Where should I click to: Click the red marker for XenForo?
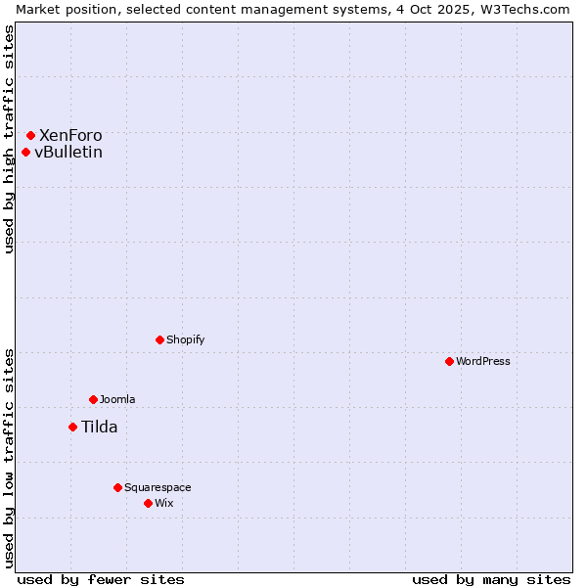pyautogui.click(x=30, y=135)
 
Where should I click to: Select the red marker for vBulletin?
pyautogui.click(x=25, y=152)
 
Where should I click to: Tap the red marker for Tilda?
pyautogui.click(x=72, y=427)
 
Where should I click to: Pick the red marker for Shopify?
pyautogui.click(x=159, y=339)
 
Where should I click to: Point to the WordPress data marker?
pyautogui.click(x=449, y=361)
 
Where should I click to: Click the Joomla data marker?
pyautogui.click(x=93, y=399)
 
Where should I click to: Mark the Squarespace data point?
pyautogui.click(x=117, y=487)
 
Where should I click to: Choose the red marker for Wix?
pyautogui.click(x=148, y=503)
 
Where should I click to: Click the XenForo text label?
pyautogui.click(x=70, y=135)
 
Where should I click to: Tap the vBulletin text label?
pyautogui.click(x=68, y=152)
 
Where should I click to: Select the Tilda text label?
pyautogui.click(x=99, y=427)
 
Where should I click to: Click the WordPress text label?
pyautogui.click(x=483, y=361)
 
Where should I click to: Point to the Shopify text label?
pyautogui.click(x=186, y=339)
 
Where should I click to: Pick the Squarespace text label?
pyautogui.click(x=158, y=487)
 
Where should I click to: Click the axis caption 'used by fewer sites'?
pyautogui.click(x=101, y=579)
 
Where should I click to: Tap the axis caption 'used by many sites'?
pyautogui.click(x=491, y=579)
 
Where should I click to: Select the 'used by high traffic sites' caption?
pyautogui.click(x=9, y=139)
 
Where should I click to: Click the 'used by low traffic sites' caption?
pyautogui.click(x=9, y=457)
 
